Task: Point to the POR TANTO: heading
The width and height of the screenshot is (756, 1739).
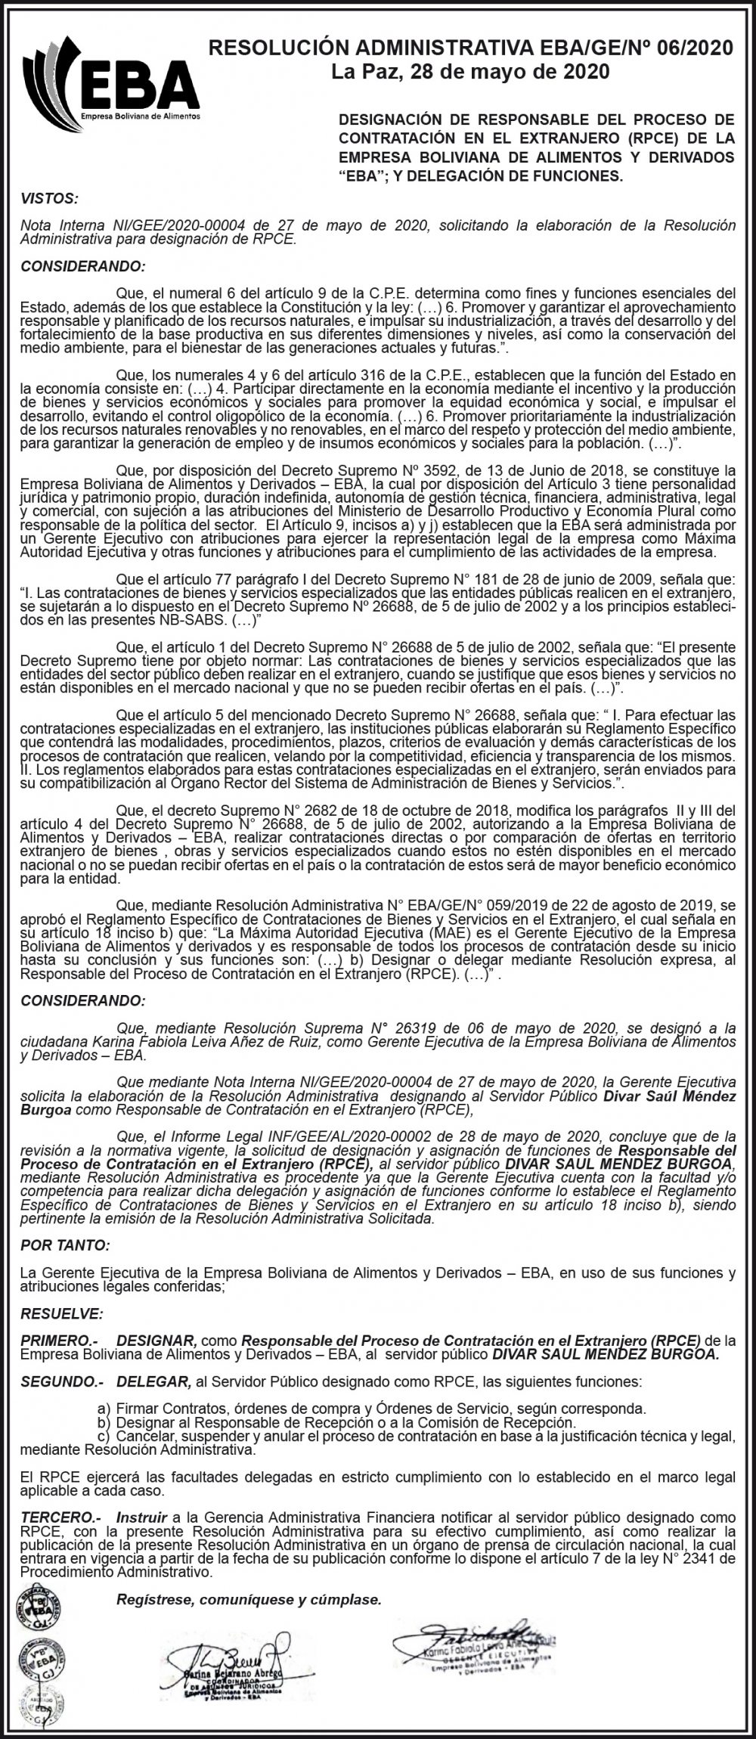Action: point(65,1245)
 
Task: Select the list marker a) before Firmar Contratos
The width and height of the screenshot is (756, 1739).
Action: point(104,1409)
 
